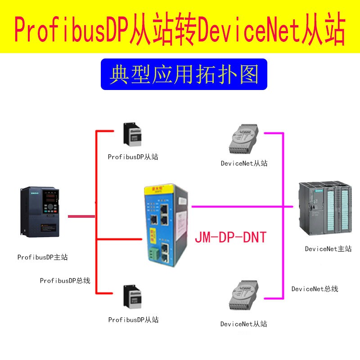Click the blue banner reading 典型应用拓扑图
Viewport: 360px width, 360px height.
click(184, 74)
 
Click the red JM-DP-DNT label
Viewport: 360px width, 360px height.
click(230, 237)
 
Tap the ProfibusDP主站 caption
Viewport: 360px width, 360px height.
click(43, 257)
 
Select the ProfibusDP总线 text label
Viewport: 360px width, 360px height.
click(65, 281)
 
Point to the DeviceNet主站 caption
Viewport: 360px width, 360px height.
click(328, 249)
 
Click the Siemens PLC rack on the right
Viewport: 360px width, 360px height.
click(324, 209)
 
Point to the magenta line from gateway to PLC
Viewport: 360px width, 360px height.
click(243, 207)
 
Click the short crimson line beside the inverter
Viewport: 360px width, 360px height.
click(81, 217)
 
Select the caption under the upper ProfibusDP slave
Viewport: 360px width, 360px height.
click(133, 157)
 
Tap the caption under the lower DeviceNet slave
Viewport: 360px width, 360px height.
click(244, 324)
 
